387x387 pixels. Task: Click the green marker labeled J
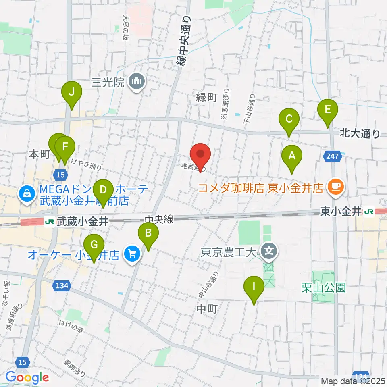point(71,92)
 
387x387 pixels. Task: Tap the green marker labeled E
point(327,110)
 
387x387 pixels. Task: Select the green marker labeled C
point(289,120)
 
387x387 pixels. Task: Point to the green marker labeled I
point(254,287)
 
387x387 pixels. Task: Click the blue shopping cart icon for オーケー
point(131,254)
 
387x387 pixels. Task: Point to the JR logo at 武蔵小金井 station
point(49,222)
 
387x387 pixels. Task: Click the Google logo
point(27,378)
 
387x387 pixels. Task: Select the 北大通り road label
point(360,133)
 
